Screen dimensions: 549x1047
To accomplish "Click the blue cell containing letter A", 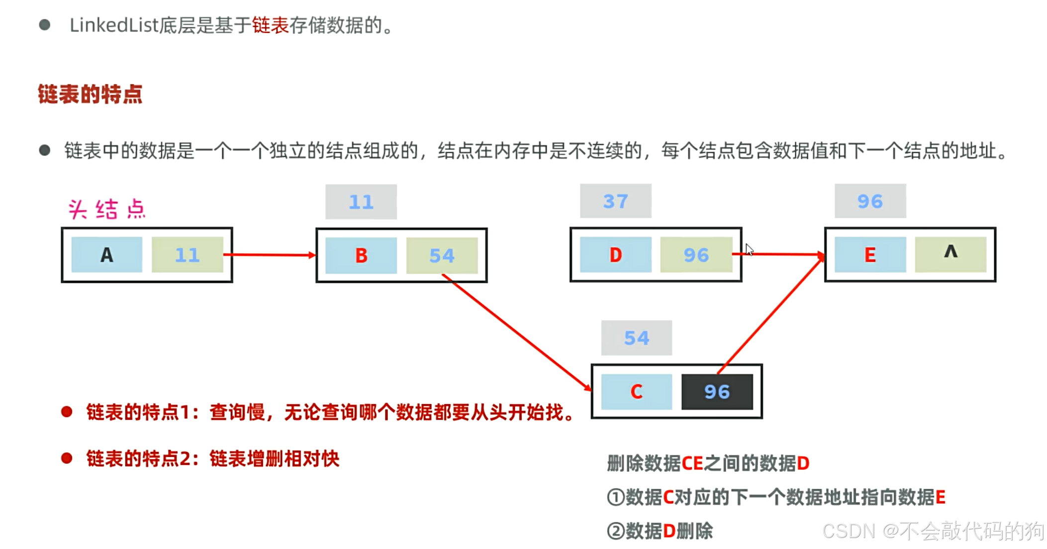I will point(106,255).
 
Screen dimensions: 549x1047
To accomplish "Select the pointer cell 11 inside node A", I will point(187,255).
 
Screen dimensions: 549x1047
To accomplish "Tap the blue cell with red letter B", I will point(361,255).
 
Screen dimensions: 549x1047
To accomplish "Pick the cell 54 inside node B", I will point(442,255).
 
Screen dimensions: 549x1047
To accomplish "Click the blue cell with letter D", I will point(615,255).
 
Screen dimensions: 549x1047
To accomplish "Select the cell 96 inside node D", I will point(696,255).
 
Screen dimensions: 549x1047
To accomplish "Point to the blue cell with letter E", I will point(870,255).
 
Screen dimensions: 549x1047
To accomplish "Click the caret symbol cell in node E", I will point(951,254).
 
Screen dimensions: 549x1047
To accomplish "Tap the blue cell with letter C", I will point(636,392).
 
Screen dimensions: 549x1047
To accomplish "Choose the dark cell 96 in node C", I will point(717,392).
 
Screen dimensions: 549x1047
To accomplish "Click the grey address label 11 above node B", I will point(361,202).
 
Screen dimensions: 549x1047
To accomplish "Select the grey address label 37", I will point(615,201).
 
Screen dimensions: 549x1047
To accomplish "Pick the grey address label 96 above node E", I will point(870,201).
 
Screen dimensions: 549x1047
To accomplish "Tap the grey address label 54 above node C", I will point(636,338).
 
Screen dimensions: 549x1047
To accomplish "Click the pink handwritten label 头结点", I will point(106,209).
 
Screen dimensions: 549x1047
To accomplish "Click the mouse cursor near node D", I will point(749,249).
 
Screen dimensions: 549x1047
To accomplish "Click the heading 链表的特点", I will point(90,94).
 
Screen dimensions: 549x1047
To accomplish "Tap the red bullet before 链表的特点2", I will point(67,458).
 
